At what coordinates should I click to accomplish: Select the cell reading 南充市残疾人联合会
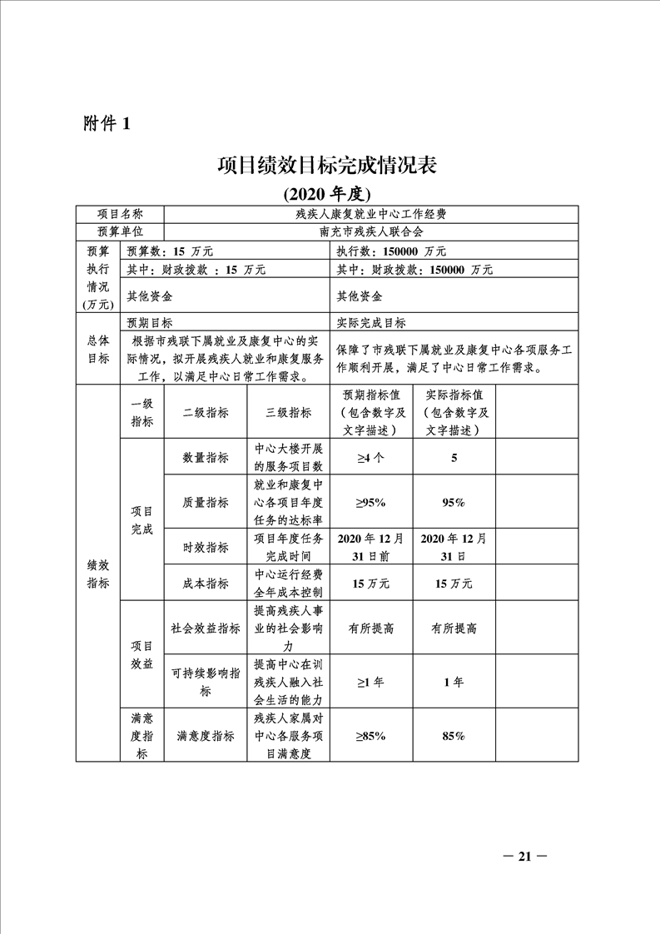tap(371, 232)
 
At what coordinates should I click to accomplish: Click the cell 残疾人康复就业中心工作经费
tap(371, 214)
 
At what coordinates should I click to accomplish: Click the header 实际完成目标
tap(371, 323)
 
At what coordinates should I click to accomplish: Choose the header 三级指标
tap(288, 412)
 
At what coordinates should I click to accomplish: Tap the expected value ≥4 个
tap(370, 457)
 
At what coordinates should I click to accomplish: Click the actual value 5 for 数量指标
tap(454, 457)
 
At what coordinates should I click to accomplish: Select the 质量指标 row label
tap(206, 502)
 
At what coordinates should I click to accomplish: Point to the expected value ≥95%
tap(370, 502)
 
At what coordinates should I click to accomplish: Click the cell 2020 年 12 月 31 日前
tap(370, 547)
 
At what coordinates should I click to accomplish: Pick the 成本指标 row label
tap(206, 584)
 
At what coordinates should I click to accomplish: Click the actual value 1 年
tap(454, 682)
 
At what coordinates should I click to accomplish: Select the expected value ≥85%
tap(370, 736)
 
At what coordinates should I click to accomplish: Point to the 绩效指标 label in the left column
tap(97, 574)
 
